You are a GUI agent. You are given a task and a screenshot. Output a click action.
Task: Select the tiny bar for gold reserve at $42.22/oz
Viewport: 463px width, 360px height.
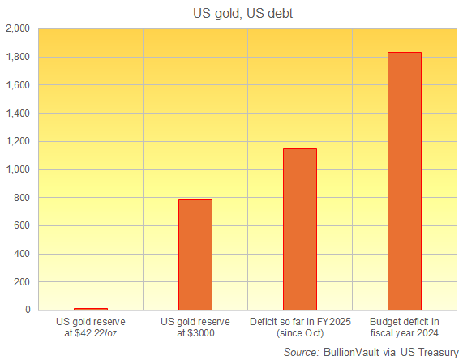(90, 309)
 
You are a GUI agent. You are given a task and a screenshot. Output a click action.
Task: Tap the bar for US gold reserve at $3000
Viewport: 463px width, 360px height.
(195, 255)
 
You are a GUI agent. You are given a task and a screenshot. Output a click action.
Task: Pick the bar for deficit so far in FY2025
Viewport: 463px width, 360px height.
(299, 229)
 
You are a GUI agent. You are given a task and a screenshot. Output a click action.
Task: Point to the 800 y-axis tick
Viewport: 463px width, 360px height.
(22, 198)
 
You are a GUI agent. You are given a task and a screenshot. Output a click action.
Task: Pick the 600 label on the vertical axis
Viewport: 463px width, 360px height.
(22, 226)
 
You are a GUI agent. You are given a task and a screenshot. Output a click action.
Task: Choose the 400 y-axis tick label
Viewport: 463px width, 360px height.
(22, 254)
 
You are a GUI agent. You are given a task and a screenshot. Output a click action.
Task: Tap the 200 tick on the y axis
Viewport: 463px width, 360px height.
(22, 282)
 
